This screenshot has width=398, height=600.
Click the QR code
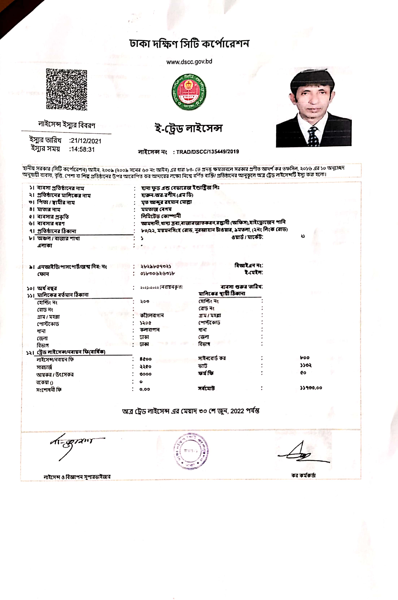pyautogui.click(x=66, y=89)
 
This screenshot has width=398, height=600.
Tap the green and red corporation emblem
pyautogui.click(x=189, y=92)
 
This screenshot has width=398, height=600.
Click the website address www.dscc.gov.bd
pyautogui.click(x=189, y=62)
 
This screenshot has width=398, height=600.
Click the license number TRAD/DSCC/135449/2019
pyautogui.click(x=207, y=152)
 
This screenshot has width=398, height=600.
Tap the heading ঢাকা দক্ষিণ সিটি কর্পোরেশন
pyautogui.click(x=189, y=44)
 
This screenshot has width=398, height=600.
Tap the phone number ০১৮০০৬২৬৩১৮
pyautogui.click(x=157, y=273)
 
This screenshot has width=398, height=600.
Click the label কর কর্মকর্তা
pyautogui.click(x=303, y=476)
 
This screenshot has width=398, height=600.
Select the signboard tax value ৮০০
pyautogui.click(x=305, y=358)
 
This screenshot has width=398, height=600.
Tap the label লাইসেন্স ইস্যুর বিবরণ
pyautogui.click(x=66, y=125)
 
